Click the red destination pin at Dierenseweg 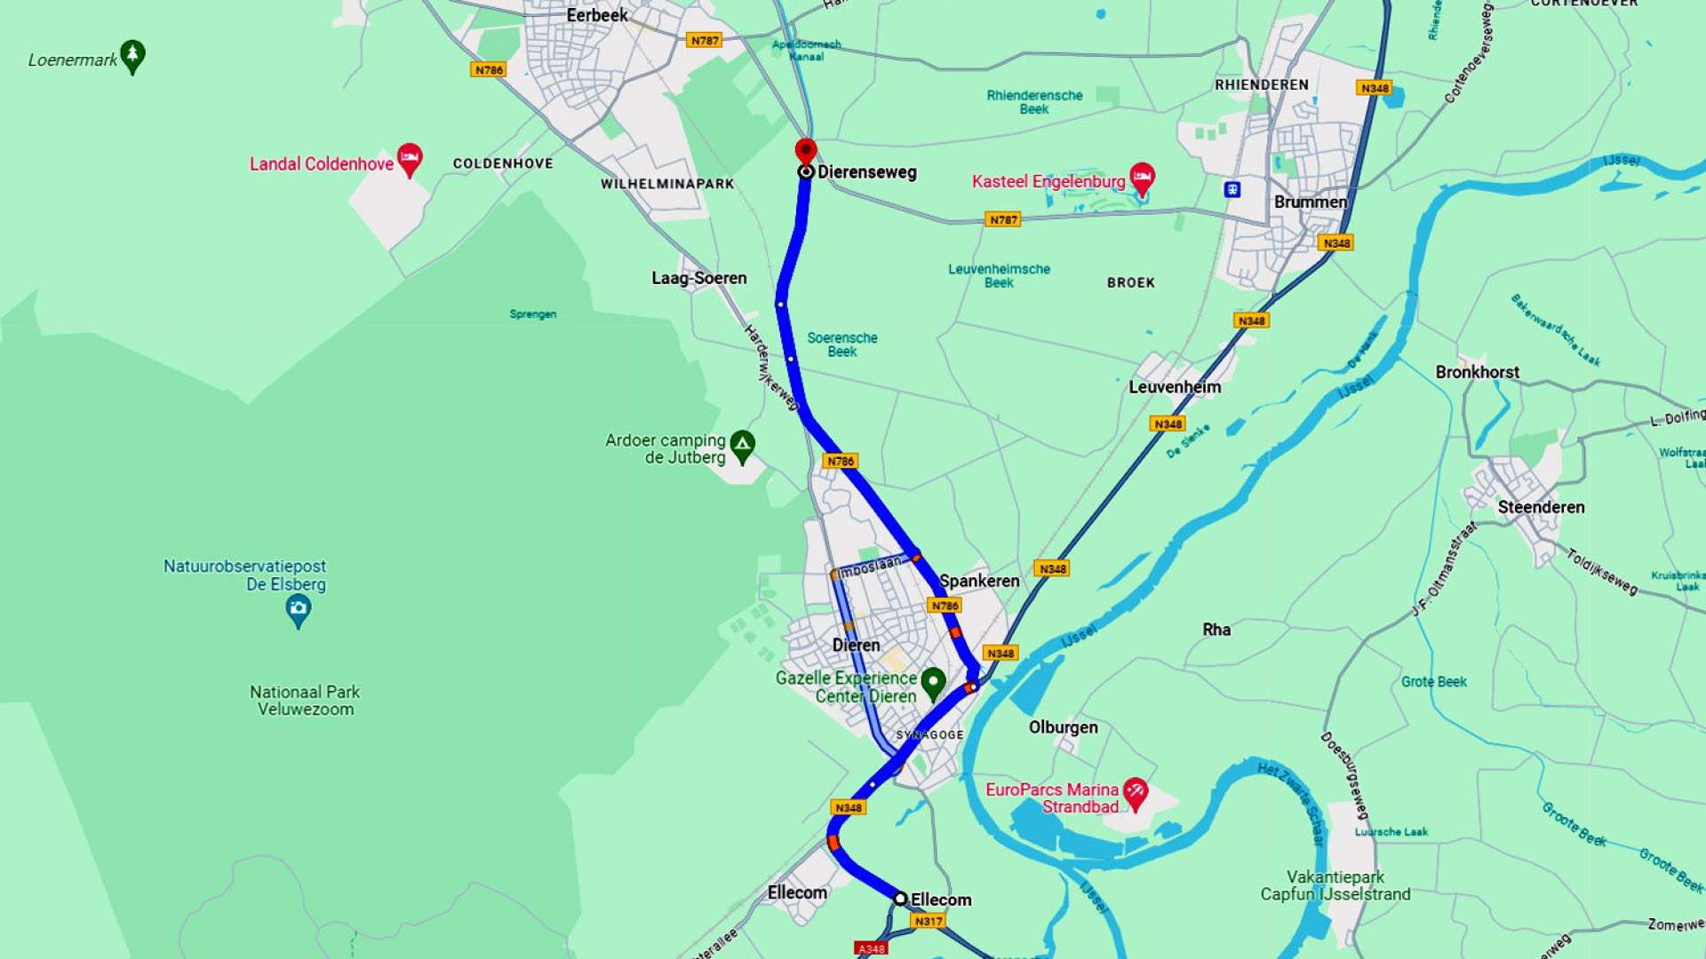(806, 151)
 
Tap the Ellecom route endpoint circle (900, 899)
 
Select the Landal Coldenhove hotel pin (409, 159)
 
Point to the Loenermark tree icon (132, 56)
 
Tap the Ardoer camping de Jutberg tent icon (742, 445)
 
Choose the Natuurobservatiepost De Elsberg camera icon (298, 609)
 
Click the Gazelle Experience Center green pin (933, 682)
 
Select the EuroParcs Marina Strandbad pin (1135, 792)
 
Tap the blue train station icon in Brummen (1232, 189)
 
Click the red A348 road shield (871, 948)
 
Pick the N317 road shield (929, 921)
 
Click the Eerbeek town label (597, 15)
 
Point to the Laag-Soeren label (698, 278)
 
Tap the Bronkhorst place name (1477, 372)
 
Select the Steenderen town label (1541, 507)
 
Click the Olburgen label (1063, 727)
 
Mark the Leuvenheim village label (1175, 387)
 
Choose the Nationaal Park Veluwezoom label (305, 700)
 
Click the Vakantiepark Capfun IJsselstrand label (1335, 885)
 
